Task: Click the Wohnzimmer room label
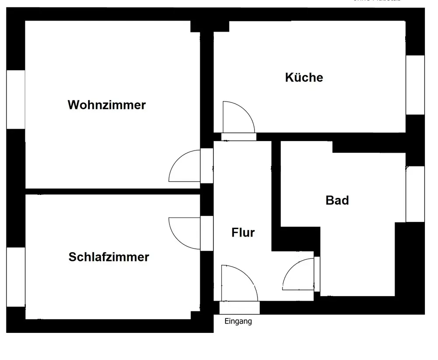tap(106, 105)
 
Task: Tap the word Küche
tap(304, 78)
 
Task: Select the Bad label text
tap(337, 201)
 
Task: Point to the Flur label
tap(243, 233)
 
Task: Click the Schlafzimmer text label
tap(109, 257)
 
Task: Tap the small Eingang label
tap(238, 321)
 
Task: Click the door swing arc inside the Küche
tap(238, 116)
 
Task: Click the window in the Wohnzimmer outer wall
tap(15, 99)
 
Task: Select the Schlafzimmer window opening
tap(15, 277)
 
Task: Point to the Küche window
tap(415, 85)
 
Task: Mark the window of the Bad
tap(415, 194)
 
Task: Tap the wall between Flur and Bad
tap(276, 193)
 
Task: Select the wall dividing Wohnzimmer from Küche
tap(207, 88)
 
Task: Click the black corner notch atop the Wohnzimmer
tap(195, 26)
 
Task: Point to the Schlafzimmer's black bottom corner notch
tap(195, 316)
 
